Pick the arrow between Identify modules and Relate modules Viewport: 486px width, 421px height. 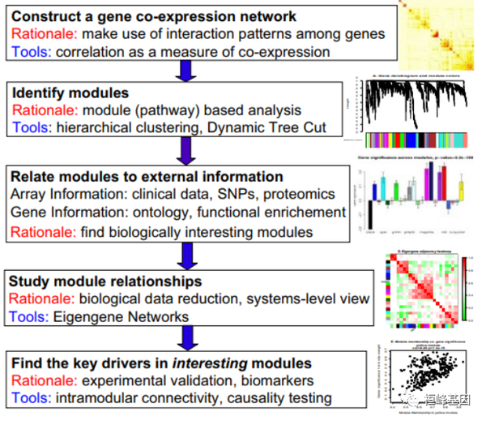click(x=189, y=149)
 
